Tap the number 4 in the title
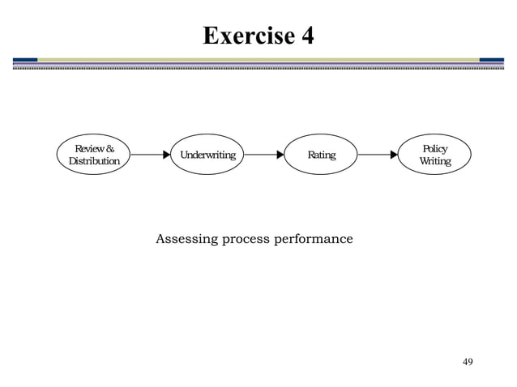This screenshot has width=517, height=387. click(306, 36)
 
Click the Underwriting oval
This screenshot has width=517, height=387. click(207, 155)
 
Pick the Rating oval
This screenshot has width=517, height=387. click(321, 155)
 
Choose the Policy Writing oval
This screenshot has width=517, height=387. click(434, 155)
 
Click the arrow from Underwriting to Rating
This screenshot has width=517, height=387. click(264, 155)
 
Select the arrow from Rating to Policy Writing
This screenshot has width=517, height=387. click(378, 155)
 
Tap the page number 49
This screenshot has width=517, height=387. click(467, 360)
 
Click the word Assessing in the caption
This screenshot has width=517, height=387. click(184, 240)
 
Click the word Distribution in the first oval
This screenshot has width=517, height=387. click(94, 161)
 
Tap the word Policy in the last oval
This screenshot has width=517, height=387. click(435, 149)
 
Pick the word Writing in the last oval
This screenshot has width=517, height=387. click(435, 161)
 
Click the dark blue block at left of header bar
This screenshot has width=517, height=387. click(25, 59)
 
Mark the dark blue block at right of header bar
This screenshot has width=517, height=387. click(492, 59)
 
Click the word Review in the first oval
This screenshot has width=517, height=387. click(88, 149)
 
